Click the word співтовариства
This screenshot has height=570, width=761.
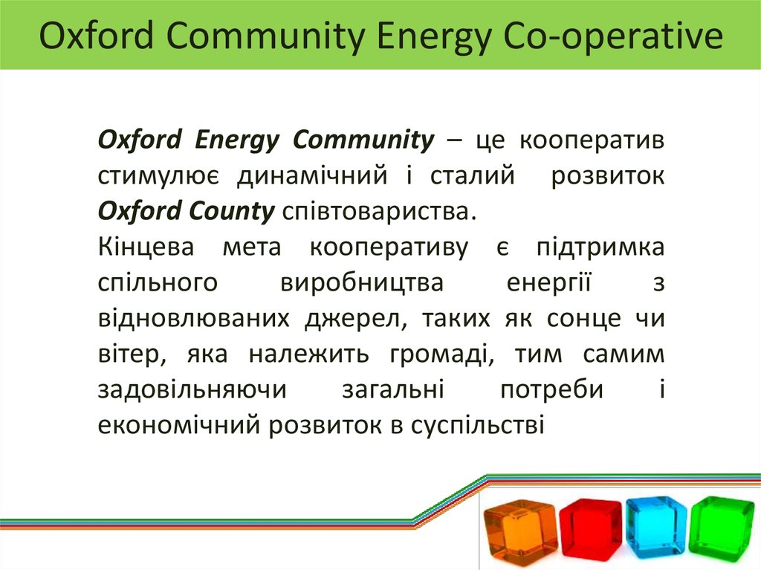377,211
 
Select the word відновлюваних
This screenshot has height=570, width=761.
193,318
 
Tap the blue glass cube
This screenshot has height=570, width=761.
655,526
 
